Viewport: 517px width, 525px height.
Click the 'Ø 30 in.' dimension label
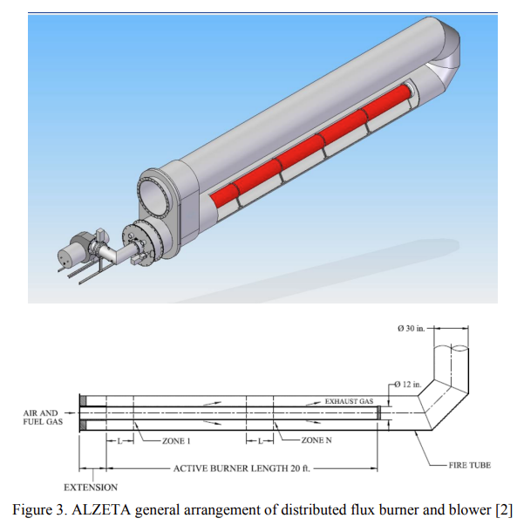[411, 329]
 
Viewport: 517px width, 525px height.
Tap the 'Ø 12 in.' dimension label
[407, 385]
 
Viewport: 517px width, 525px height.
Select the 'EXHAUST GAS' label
[349, 401]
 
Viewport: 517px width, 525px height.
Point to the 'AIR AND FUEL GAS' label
[43, 417]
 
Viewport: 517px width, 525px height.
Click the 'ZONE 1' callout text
[176, 441]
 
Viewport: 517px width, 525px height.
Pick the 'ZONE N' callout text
[316, 440]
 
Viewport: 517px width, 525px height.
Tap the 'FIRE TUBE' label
[469, 465]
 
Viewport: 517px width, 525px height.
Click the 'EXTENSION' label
[91, 487]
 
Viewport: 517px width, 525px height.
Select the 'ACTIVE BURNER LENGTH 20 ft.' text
[241, 468]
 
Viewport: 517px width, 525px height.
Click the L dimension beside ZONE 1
[119, 441]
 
